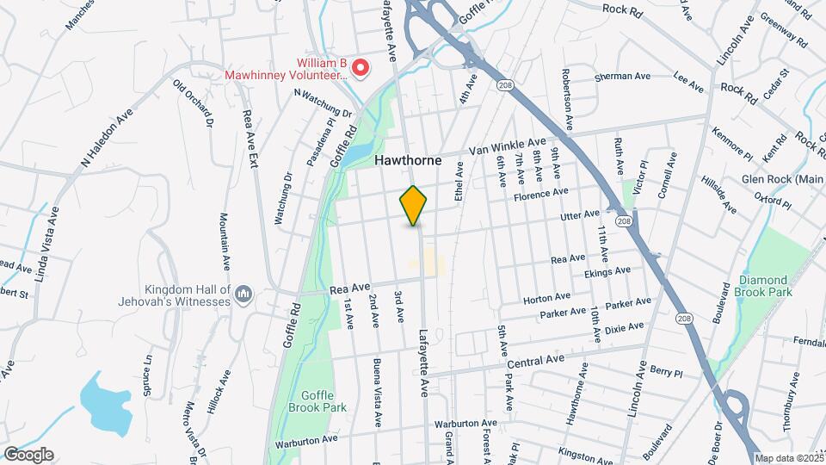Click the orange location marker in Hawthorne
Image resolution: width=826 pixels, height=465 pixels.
point(414,205)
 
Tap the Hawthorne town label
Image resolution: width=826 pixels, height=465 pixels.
point(408,161)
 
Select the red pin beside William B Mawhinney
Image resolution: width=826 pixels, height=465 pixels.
point(362,67)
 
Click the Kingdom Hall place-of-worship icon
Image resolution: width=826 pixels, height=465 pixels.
point(243,295)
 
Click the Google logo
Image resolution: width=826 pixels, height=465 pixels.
point(28,455)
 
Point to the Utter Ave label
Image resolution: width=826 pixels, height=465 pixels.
point(579,214)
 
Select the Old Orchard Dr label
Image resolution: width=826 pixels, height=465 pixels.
point(193,103)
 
